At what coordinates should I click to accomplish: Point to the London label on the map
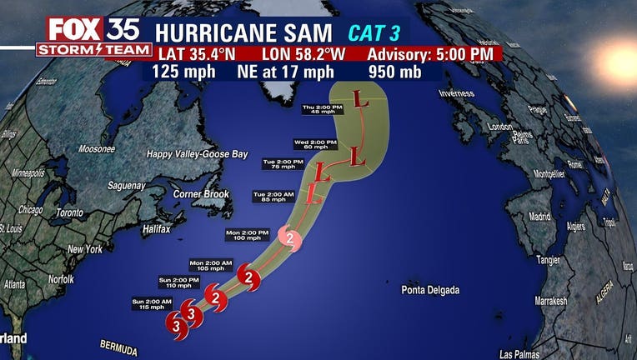coord(500,127)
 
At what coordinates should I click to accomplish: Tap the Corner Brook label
coord(201,193)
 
